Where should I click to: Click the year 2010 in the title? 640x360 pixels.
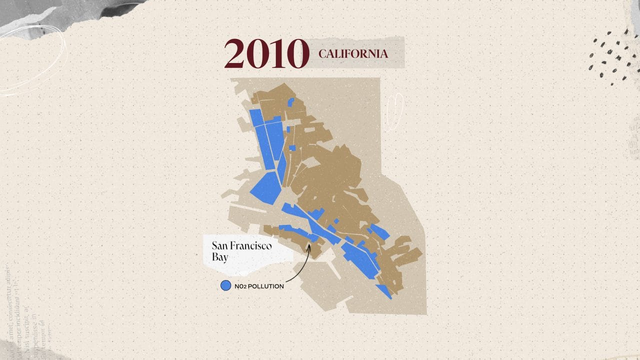[x=266, y=53]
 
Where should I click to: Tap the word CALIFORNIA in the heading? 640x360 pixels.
[x=353, y=53]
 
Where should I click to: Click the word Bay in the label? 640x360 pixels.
[x=220, y=257]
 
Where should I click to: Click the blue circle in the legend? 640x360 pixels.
[x=225, y=286]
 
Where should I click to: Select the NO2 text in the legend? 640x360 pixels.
[x=241, y=286]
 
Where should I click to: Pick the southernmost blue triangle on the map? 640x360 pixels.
[x=384, y=291]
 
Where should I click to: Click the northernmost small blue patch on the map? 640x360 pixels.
[x=290, y=101]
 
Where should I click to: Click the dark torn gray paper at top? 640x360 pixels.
[x=75, y=12]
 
